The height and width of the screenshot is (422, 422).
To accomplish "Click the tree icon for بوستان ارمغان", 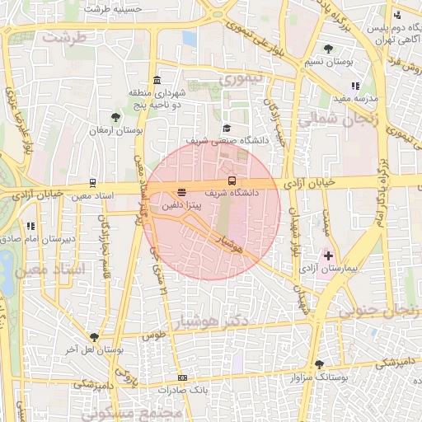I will coord(115,117).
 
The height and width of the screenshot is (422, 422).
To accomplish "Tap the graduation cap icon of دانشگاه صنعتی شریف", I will coord(227,129).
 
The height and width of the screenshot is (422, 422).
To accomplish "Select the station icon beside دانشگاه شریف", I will coord(232,181).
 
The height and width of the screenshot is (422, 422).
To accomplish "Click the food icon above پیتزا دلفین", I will coord(182,192).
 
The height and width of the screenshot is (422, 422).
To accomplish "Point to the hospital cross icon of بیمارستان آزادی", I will coord(329,257).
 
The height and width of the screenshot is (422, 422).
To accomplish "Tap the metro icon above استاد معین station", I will coord(92,183).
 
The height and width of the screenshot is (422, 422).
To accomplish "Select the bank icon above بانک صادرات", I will coord(182,378).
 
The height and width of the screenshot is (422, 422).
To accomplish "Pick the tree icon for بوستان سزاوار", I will coord(319,364).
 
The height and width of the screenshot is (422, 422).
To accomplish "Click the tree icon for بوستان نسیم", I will coord(329,49).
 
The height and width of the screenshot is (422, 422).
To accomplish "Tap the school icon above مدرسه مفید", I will coord(355,86).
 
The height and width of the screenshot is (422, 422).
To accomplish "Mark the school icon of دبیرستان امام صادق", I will coord(30,226).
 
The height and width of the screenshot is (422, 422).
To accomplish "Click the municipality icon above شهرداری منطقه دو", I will coord(156,81).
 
